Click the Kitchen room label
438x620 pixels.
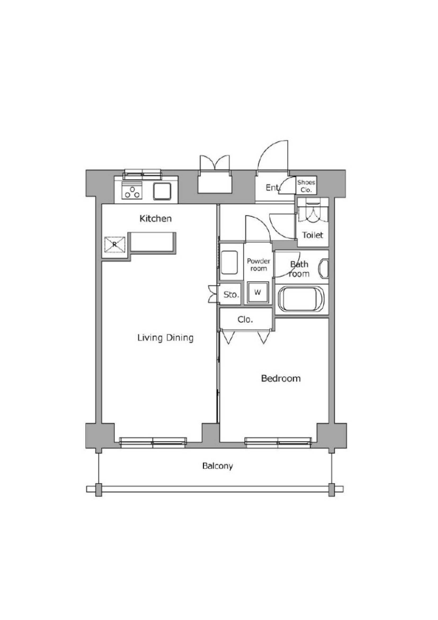tap(156, 219)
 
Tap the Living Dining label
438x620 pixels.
tap(165, 338)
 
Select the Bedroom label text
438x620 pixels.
tap(281, 378)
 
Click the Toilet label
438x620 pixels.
tap(312, 235)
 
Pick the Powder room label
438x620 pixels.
tap(259, 265)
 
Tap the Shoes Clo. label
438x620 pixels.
tap(306, 186)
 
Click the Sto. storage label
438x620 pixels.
tap(231, 294)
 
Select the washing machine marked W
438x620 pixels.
tap(258, 292)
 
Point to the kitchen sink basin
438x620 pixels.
tap(162, 191)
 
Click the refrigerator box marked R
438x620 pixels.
tap(115, 245)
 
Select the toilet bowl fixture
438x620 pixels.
tap(313, 212)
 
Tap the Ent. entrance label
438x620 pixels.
tap(272, 187)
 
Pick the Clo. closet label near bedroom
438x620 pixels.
tap(245, 320)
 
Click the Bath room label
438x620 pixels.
tap(299, 269)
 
